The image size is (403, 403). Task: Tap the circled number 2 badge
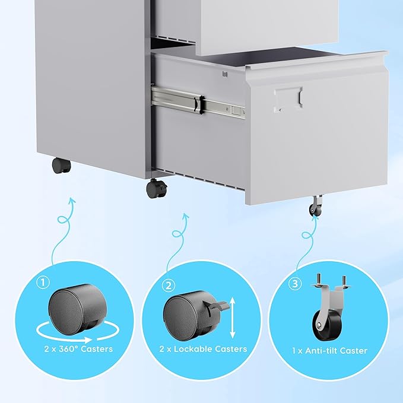pos(170,285)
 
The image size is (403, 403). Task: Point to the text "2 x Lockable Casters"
pos(203,349)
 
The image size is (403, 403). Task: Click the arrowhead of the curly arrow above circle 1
pos(72,202)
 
